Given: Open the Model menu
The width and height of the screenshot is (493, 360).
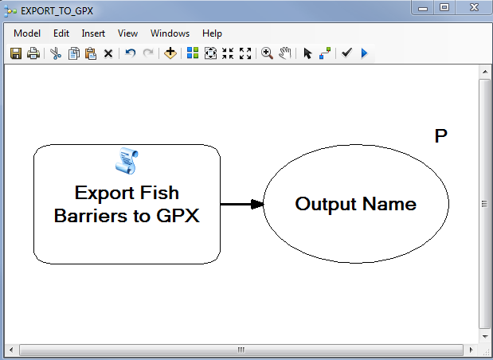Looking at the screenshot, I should [x=27, y=33].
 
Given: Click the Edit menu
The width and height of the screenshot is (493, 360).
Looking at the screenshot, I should [x=61, y=33].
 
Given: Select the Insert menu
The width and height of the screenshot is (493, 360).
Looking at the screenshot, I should [x=93, y=33].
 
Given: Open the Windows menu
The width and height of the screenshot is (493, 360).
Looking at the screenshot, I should [x=170, y=33].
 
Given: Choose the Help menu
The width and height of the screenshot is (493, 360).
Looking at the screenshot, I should [x=212, y=33].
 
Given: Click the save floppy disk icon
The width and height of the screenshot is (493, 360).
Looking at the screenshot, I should [x=16, y=53].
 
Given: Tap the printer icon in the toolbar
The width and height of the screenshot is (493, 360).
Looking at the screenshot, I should [x=33, y=53].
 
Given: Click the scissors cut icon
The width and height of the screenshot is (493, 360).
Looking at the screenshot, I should [x=55, y=53].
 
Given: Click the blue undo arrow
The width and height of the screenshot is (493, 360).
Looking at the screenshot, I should [x=130, y=53].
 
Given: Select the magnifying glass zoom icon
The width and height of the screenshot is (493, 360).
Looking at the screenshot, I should [x=267, y=53].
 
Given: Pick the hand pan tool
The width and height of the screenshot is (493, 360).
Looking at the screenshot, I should [x=284, y=53].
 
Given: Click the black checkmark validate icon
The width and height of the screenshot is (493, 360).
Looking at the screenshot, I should [x=346, y=53].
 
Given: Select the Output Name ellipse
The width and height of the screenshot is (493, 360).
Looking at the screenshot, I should [x=355, y=204].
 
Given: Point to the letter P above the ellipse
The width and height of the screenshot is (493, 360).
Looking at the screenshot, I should [x=440, y=136].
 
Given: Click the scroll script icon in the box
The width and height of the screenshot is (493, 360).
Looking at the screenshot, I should [x=127, y=161].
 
